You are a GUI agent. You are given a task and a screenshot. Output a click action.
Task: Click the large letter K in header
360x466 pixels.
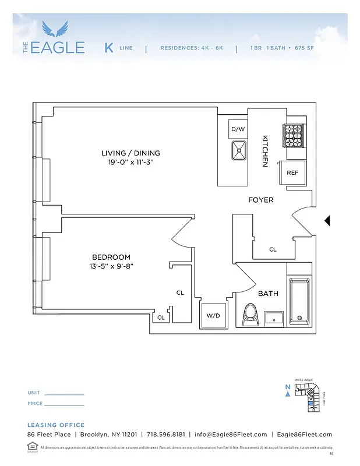coord(109,48)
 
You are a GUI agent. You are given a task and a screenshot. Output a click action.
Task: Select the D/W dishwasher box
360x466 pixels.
coord(238,129)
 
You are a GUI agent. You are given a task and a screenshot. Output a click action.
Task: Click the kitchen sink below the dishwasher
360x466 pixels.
coord(239,151)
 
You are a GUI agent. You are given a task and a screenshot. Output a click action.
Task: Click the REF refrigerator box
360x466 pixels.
coord(292,173)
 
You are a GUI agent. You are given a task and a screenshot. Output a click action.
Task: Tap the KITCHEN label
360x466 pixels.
coord(264,151)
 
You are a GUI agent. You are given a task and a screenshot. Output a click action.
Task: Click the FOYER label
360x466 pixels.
coord(260,200)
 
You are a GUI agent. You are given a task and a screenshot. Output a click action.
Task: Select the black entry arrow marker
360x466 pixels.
coord(327,220)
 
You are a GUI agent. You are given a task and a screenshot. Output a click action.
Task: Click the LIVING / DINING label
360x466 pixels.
coord(130,153)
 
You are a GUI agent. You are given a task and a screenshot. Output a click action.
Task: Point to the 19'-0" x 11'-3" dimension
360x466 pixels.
coord(130,163)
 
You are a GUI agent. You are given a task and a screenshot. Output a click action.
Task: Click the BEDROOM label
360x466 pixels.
coord(111,257)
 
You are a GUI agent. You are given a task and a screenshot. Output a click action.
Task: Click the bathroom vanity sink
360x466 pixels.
coord(273,319)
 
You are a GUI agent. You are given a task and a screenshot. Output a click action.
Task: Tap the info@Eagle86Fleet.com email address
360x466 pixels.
coord(231,435)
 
